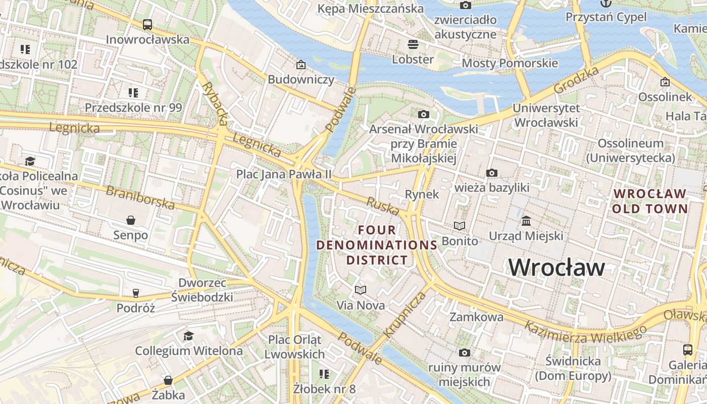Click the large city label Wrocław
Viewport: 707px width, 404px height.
(556, 267)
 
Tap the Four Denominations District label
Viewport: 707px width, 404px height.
(377, 245)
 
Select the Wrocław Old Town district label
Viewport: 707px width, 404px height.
(650, 201)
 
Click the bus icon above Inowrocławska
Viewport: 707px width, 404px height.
(147, 24)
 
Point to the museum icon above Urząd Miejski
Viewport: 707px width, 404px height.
(526, 221)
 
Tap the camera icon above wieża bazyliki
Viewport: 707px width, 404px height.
(491, 173)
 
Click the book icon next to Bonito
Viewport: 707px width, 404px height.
(459, 226)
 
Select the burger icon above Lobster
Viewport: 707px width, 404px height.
(413, 44)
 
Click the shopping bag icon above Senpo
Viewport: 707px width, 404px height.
(131, 220)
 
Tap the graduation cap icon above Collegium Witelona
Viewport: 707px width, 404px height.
(188, 336)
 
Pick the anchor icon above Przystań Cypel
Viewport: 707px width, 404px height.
(605, 4)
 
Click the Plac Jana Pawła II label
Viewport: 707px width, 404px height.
(284, 174)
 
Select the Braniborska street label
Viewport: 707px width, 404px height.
(140, 197)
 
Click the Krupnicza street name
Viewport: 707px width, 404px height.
(405, 314)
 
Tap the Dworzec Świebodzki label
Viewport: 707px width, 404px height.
(202, 290)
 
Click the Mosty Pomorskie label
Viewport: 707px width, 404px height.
(510, 63)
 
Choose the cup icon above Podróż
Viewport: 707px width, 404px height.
(135, 293)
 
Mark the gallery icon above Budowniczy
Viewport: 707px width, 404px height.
(301, 65)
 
